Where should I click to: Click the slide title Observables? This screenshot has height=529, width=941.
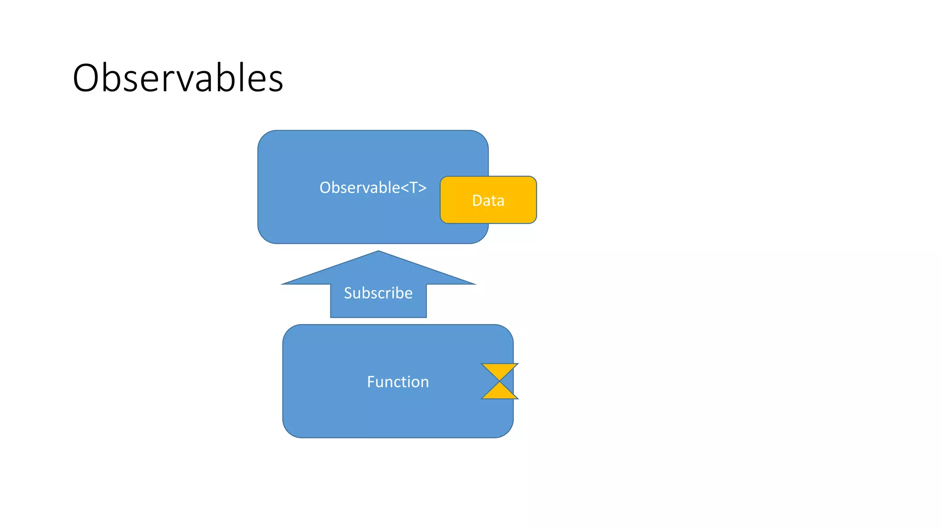pyautogui.click(x=178, y=78)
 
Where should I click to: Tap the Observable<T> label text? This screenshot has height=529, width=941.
pyautogui.click(x=373, y=187)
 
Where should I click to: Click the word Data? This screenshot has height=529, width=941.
pyautogui.click(x=488, y=201)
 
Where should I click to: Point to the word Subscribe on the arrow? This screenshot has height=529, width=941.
pyautogui.click(x=378, y=293)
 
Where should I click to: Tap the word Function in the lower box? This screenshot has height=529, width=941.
pyautogui.click(x=397, y=382)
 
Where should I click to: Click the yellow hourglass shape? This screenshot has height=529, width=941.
pyautogui.click(x=499, y=381)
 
